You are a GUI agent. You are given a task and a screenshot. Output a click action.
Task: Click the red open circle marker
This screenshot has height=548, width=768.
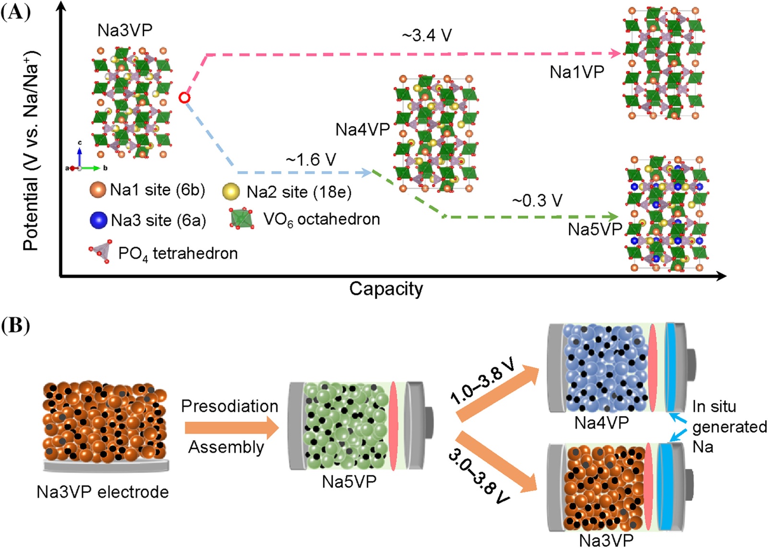click(184, 98)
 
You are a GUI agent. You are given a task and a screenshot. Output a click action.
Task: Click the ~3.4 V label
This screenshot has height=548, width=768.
click(427, 35)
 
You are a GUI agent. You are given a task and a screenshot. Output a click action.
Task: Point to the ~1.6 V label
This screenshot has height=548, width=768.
click(311, 160)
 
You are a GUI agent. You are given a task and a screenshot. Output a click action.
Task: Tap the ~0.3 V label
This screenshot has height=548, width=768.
click(537, 200)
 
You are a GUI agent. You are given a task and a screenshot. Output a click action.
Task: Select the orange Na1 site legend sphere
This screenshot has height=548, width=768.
click(98, 190)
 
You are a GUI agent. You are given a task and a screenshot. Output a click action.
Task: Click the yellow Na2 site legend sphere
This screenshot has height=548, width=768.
click(231, 191)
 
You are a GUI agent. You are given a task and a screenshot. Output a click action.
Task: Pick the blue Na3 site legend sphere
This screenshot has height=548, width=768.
click(98, 220)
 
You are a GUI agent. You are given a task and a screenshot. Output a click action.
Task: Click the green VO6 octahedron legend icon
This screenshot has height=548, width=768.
click(242, 219)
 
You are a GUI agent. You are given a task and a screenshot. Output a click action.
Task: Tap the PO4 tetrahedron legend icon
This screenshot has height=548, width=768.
click(100, 251)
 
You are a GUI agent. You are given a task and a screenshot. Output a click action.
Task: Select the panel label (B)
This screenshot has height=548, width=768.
click(15, 326)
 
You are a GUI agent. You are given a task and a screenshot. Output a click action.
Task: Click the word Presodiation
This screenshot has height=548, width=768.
click(229, 406)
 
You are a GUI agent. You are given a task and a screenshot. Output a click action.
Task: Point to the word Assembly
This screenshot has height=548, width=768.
click(226, 447)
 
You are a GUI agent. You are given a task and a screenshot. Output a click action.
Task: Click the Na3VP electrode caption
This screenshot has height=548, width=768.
click(103, 492)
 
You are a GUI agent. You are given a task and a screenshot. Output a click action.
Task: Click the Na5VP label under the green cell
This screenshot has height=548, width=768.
click(349, 482)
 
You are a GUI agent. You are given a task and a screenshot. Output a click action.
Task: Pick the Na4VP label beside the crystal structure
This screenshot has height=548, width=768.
click(363, 130)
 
